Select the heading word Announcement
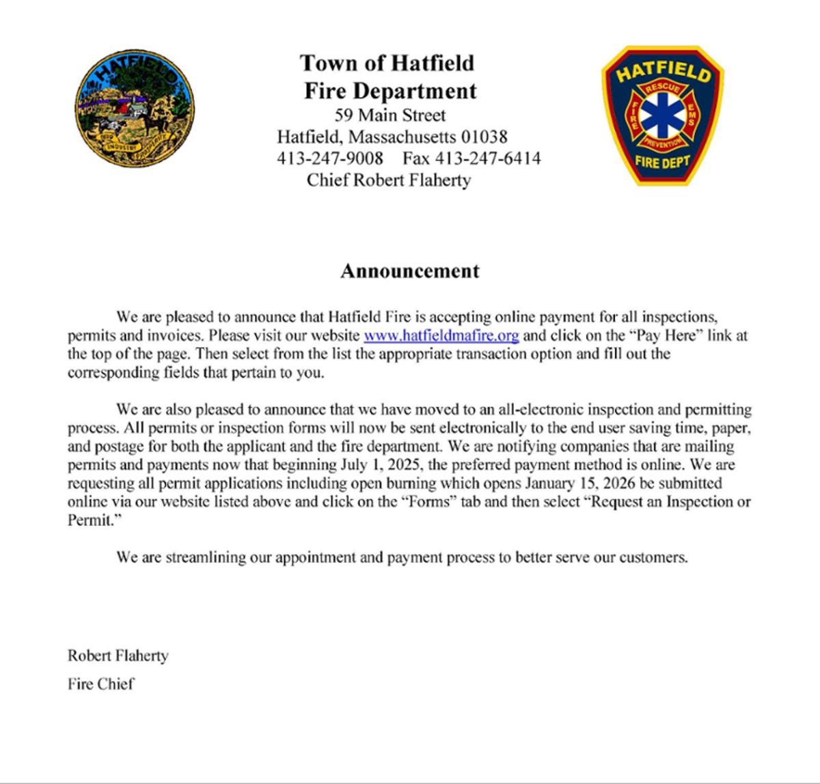pyautogui.click(x=410, y=271)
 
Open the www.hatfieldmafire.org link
pyautogui.click(x=441, y=336)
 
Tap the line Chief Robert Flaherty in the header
pyautogui.click(x=389, y=180)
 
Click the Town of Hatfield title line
pyautogui.click(x=387, y=63)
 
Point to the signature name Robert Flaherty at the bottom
pyautogui.click(x=118, y=656)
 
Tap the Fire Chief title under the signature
pyautogui.click(x=100, y=684)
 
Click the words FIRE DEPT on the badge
pyautogui.click(x=661, y=163)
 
